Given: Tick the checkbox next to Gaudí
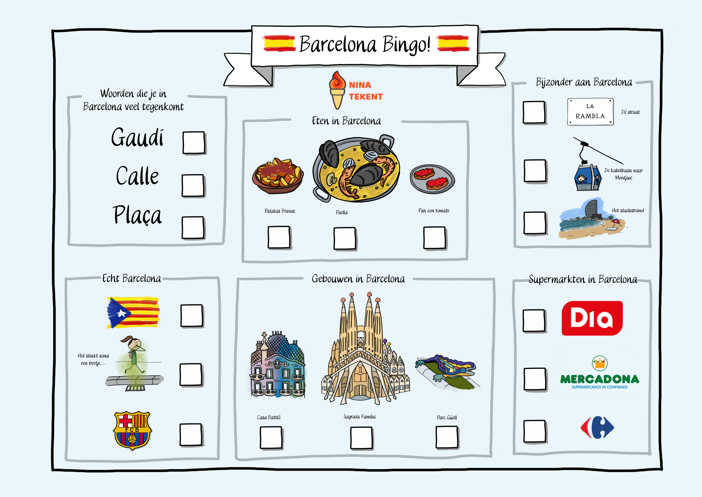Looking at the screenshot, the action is pyautogui.click(x=194, y=143).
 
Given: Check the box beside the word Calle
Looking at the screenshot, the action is pyautogui.click(x=193, y=186).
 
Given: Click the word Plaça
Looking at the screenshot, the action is pyautogui.click(x=137, y=215).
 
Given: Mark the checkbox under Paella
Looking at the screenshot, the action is pyautogui.click(x=345, y=239).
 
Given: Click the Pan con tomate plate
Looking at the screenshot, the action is pyautogui.click(x=433, y=179).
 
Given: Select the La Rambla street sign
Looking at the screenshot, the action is pyautogui.click(x=590, y=112).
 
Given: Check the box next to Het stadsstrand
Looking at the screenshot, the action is pyautogui.click(x=535, y=223).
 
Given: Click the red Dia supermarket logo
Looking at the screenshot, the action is pyautogui.click(x=592, y=318).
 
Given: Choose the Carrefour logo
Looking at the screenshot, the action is pyautogui.click(x=597, y=427).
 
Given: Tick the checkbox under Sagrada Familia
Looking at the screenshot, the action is pyautogui.click(x=361, y=438).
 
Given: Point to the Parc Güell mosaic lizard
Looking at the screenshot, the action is pyautogui.click(x=447, y=370).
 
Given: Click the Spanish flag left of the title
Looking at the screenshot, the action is pyautogui.click(x=279, y=44).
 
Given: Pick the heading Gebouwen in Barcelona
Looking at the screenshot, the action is pyautogui.click(x=358, y=279).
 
